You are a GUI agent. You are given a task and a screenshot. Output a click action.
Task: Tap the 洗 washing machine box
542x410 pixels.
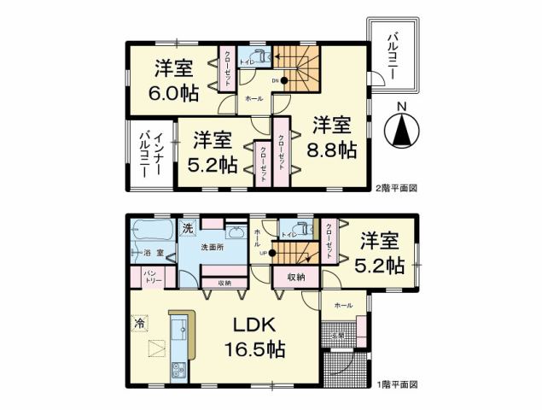[188, 228]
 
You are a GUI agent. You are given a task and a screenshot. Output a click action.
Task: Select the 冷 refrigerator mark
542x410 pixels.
[140, 325]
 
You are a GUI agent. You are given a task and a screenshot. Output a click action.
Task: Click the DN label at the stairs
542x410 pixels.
[276, 81]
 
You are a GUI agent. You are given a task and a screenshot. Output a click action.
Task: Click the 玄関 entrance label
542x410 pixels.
[338, 336]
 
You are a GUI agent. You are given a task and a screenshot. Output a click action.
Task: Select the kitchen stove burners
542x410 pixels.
[179, 370]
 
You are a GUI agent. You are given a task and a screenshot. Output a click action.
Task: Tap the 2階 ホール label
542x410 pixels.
[254, 99]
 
